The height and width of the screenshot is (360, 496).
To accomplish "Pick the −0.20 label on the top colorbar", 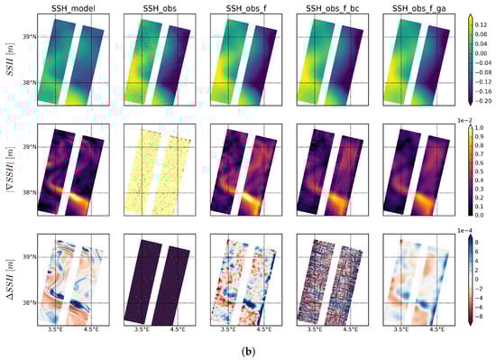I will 482,102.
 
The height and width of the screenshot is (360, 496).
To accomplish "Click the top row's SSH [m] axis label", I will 9,58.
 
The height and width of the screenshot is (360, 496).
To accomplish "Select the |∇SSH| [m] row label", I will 9,170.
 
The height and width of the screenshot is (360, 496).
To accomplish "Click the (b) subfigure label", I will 248,349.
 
